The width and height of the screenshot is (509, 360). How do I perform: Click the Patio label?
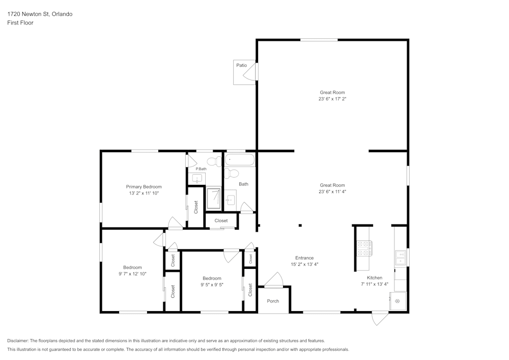point(241,65)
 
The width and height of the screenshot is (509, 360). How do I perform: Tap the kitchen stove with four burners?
point(364,248)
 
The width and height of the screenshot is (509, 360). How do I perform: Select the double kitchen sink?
point(401,258)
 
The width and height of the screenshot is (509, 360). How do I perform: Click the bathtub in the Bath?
point(240,160)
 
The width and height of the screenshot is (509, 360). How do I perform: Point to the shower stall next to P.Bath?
point(214,199)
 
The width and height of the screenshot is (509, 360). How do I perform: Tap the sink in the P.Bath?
point(197,178)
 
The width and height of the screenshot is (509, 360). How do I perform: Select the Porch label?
point(273,301)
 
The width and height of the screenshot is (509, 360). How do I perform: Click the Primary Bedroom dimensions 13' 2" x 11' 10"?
point(144,193)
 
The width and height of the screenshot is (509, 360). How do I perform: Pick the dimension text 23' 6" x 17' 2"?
point(332,99)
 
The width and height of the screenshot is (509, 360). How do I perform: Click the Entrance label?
point(304,258)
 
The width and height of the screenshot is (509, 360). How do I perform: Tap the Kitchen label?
point(374,278)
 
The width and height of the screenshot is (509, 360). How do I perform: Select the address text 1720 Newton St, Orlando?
point(40,14)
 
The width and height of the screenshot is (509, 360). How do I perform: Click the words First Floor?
point(20,23)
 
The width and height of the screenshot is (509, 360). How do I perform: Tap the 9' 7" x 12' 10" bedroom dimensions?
point(132,274)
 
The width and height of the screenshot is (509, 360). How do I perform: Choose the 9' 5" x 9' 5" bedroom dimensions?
point(212,285)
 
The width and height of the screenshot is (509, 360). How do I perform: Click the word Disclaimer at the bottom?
point(18,341)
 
